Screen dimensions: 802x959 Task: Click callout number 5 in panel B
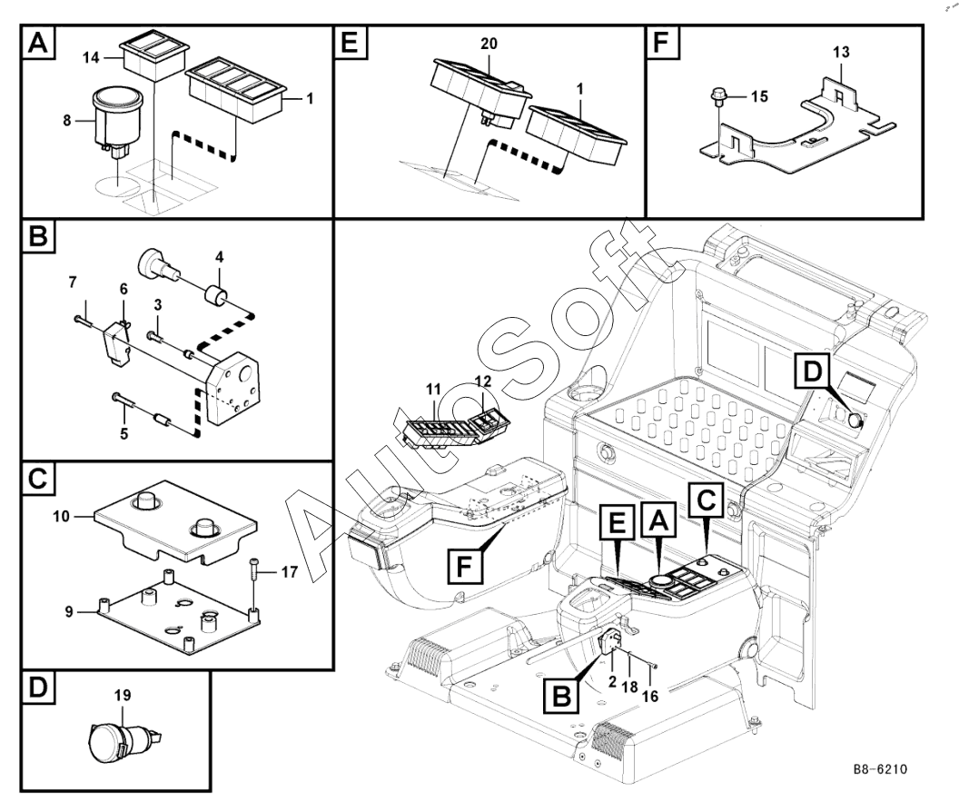click(x=124, y=432)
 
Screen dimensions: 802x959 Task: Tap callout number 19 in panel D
click(x=124, y=695)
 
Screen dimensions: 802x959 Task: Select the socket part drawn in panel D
click(x=123, y=732)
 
